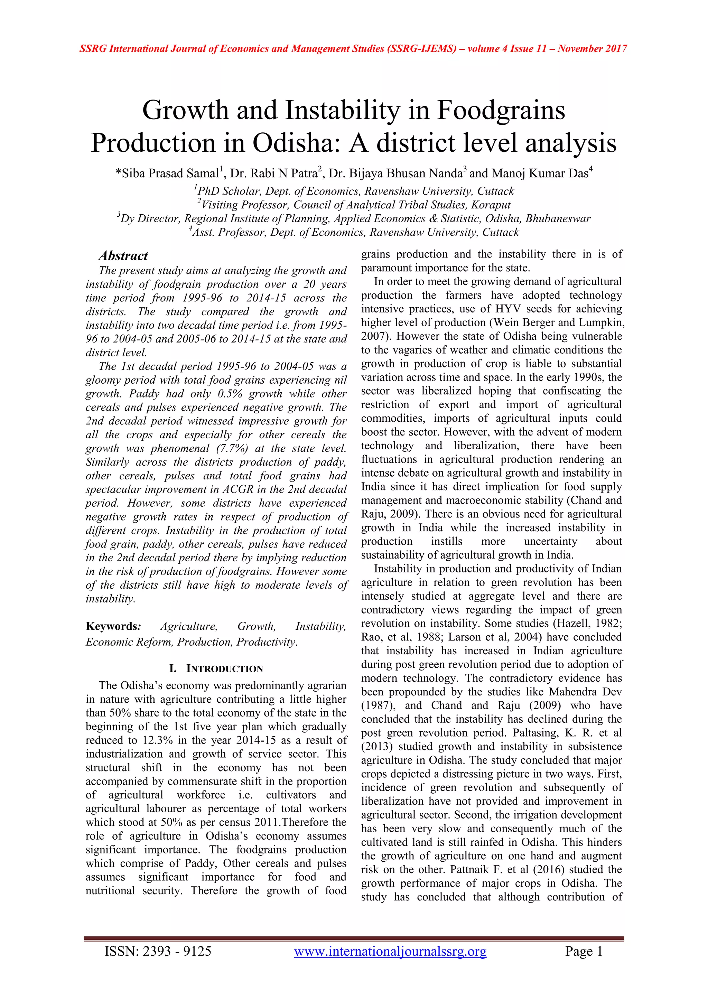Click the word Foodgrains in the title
click(501, 110)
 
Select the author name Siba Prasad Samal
click(170, 174)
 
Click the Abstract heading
click(123, 255)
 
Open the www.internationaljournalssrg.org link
click(390, 951)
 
